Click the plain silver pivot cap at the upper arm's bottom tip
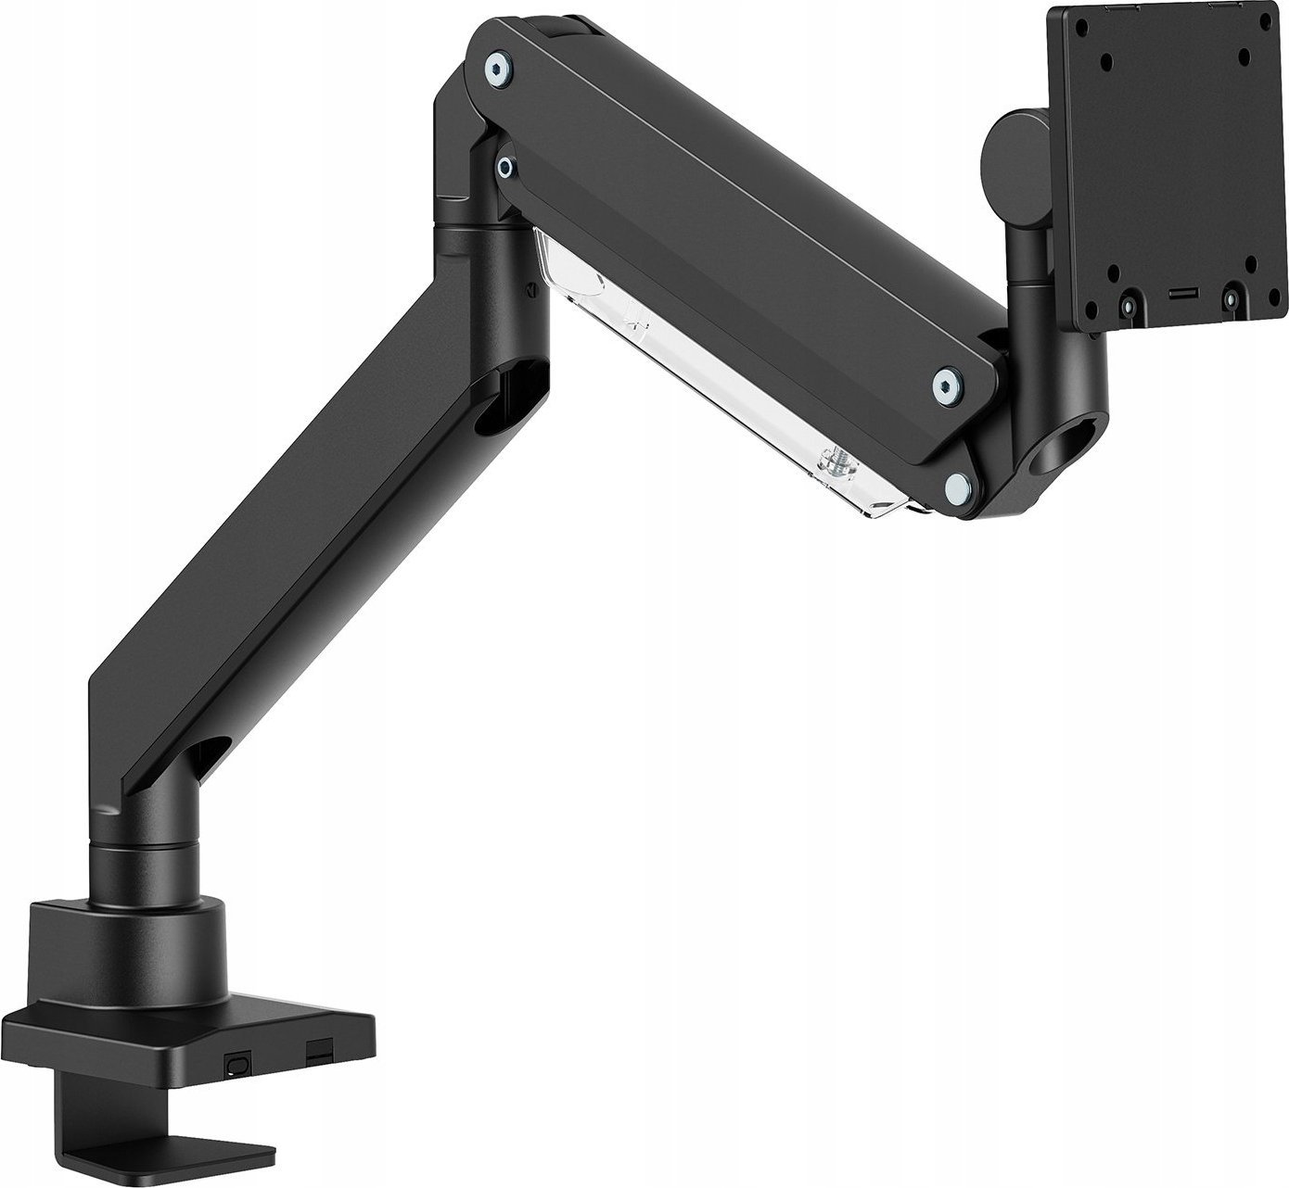pyautogui.click(x=956, y=483)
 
